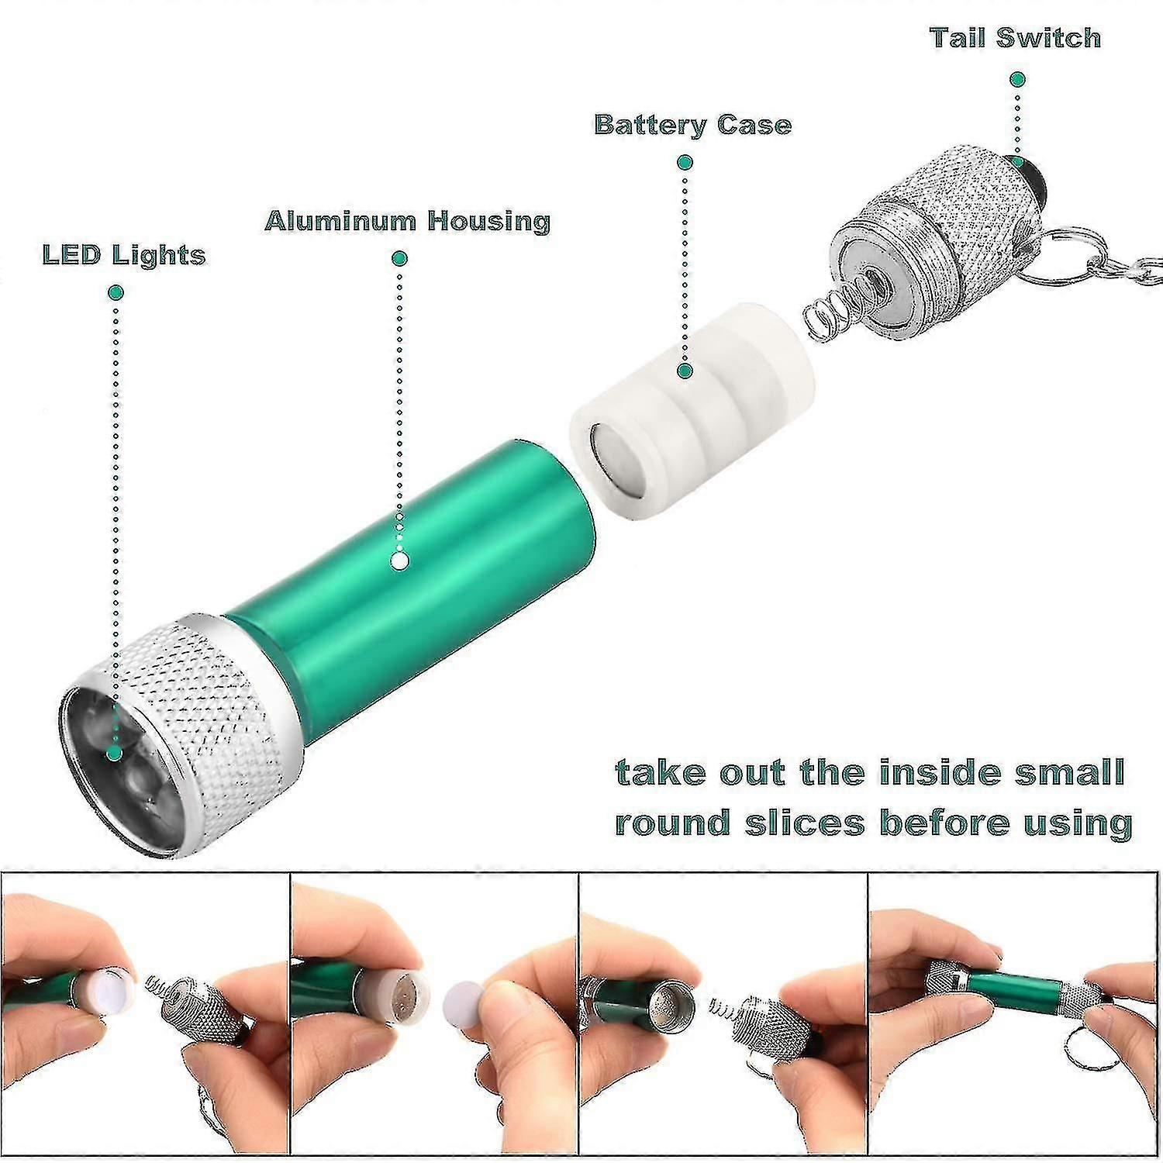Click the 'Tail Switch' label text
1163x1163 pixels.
click(1015, 37)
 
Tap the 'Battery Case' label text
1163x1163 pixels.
click(692, 125)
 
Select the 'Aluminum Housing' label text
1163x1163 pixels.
click(407, 221)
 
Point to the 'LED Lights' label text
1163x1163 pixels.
click(124, 255)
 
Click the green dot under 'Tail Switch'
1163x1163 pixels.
click(1018, 79)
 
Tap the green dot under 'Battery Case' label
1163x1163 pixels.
click(684, 163)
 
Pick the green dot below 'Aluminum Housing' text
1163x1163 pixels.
click(400, 258)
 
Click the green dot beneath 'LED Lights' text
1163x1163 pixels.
click(116, 292)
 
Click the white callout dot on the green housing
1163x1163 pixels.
click(400, 561)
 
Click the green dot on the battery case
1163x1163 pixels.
click(684, 371)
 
